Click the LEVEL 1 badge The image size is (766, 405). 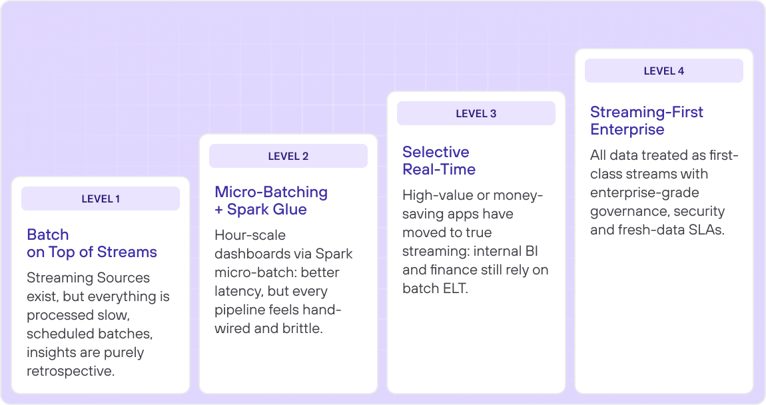point(101,199)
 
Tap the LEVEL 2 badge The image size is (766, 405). point(288,156)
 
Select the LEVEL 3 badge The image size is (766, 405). point(476,113)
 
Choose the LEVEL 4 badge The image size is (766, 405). point(664,71)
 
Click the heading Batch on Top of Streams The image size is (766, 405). point(92,243)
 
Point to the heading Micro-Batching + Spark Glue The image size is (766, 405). point(271,201)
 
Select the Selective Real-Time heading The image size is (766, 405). point(439,161)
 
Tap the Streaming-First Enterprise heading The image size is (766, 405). point(646,121)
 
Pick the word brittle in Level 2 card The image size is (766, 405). point(302,328)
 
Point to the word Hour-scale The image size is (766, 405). point(250,235)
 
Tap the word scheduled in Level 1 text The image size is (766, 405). point(55,334)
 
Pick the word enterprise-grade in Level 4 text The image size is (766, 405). point(645,193)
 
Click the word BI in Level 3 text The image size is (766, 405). point(532,251)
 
